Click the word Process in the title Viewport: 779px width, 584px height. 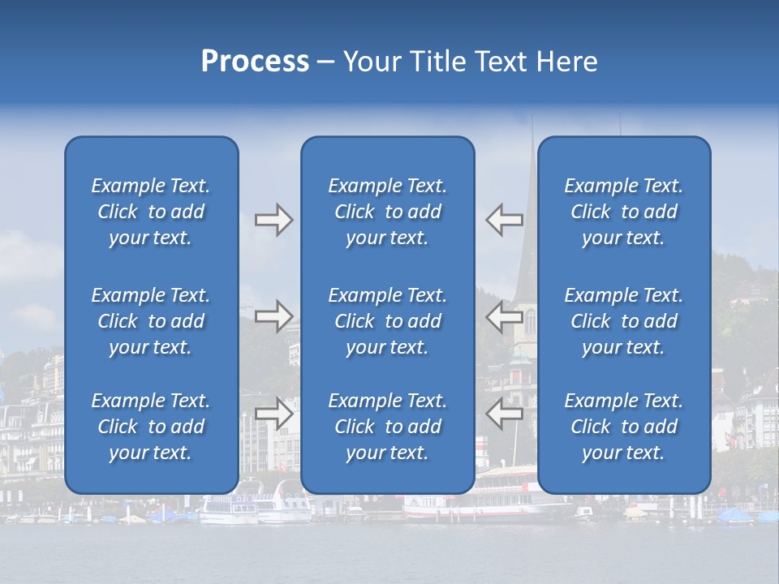[255, 62]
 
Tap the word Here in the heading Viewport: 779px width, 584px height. [566, 62]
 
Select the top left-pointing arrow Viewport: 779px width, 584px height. [504, 220]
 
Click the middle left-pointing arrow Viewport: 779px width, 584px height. [504, 316]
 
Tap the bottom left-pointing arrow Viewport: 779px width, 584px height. [504, 413]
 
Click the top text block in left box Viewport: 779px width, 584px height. [151, 212]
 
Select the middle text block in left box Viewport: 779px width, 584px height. [151, 321]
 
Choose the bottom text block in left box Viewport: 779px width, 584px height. [151, 427]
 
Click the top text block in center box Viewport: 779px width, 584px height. [387, 212]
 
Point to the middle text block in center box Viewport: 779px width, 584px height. [387, 321]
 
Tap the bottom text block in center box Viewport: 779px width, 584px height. [387, 427]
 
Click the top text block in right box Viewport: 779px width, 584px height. [623, 212]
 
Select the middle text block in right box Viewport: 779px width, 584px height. [623, 321]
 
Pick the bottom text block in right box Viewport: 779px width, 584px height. [623, 427]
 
